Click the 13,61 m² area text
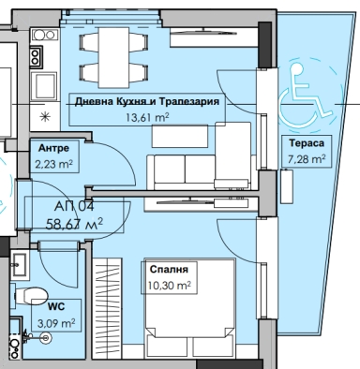(147, 117)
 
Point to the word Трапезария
(188, 101)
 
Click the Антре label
(53, 148)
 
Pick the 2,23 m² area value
(53, 164)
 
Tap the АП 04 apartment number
(74, 206)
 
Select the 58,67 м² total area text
(74, 224)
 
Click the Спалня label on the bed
(169, 269)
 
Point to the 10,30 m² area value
(170, 286)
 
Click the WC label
(56, 306)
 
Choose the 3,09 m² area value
(56, 323)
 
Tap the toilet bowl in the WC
(31, 295)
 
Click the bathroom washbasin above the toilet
(20, 265)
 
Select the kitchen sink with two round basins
(44, 35)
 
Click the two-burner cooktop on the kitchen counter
(36, 56)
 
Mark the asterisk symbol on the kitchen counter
(45, 117)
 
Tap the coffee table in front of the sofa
(180, 136)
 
